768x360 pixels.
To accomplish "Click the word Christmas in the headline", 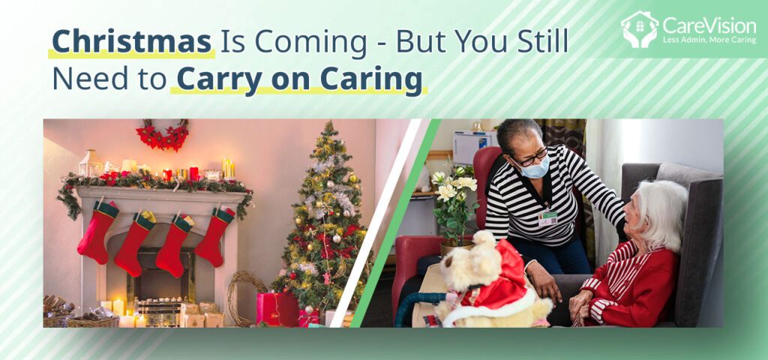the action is pyautogui.click(x=132, y=43).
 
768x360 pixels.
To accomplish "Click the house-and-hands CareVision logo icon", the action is pyautogui.click(x=640, y=29).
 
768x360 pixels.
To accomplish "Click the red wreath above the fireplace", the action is pyautogui.click(x=162, y=135).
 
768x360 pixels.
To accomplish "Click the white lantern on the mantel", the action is pyautogui.click(x=91, y=163).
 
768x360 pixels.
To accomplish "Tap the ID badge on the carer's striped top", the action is pyautogui.click(x=547, y=217).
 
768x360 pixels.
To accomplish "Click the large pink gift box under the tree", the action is pyautogui.click(x=277, y=308).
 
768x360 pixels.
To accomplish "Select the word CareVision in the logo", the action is pyautogui.click(x=709, y=25).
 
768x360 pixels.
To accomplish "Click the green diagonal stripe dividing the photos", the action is pyautogui.click(x=394, y=223).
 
